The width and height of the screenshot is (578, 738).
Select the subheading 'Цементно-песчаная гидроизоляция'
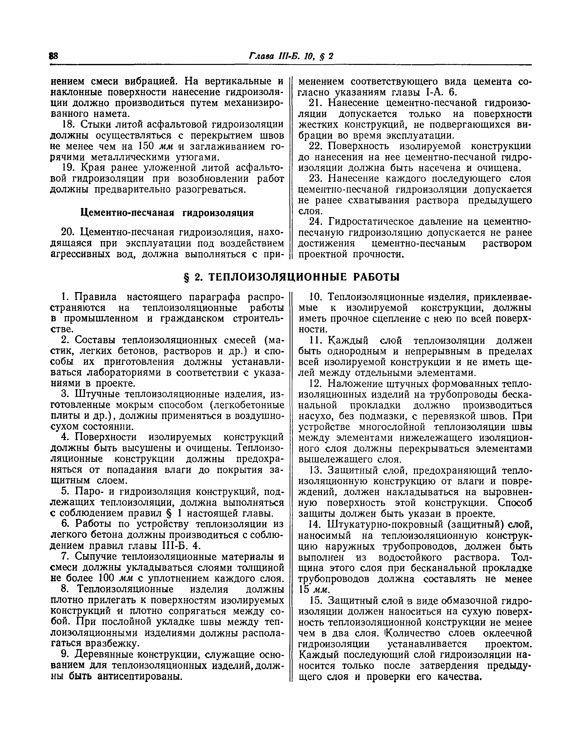point(167,213)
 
